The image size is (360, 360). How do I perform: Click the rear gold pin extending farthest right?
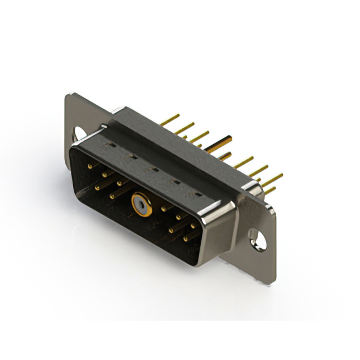(272, 180)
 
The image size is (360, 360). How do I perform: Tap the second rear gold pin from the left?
(184, 128)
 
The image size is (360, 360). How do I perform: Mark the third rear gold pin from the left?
(198, 136)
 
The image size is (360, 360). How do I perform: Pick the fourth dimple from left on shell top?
(175, 181)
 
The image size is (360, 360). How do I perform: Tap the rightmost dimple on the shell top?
(197, 194)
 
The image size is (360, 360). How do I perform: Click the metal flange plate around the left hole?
(72, 115)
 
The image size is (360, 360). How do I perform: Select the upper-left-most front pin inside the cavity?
(91, 166)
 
